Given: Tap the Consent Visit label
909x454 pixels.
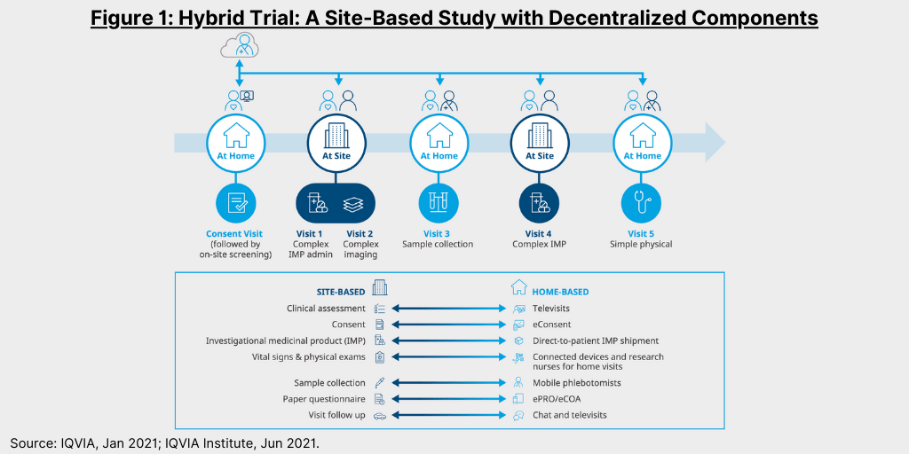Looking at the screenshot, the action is [234, 234].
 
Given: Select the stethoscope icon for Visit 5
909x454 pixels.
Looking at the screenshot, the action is [641, 204].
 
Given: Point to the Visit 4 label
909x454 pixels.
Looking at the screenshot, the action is [539, 234].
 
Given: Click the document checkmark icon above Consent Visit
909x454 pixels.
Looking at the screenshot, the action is [235, 204].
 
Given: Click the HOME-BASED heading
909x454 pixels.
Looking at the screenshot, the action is [560, 293].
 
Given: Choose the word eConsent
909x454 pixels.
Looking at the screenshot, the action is [551, 325].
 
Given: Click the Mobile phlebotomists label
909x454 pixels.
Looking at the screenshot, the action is [569, 383].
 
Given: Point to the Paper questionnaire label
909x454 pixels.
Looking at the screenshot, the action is [324, 399].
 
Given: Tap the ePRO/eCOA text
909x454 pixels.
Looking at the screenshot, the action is [556, 399].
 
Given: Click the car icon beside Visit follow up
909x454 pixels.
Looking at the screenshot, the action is [380, 415].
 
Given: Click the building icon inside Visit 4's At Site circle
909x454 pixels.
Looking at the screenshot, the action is [539, 136].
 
